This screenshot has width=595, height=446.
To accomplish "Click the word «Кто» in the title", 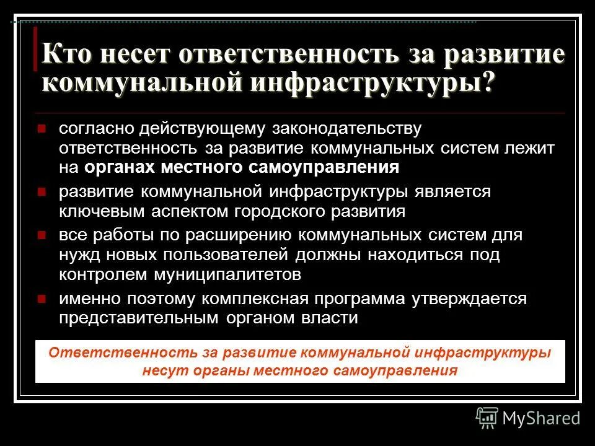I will pos(68,55).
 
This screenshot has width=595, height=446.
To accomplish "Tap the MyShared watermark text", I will pos(541,418).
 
